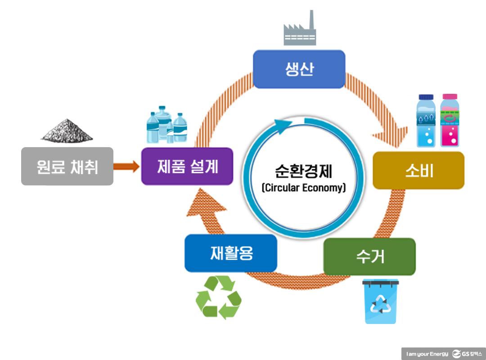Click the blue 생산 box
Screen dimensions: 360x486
[299, 69]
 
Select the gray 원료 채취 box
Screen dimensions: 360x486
[67, 166]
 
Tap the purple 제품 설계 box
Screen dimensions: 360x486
[187, 166]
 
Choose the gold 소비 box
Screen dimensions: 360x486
[418, 171]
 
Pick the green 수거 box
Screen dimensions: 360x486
[369, 256]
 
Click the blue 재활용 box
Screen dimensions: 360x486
[231, 253]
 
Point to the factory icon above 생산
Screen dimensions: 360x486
[299, 29]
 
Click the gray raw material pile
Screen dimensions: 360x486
[67, 130]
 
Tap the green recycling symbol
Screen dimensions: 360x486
[218, 297]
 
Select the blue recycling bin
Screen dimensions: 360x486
[381, 301]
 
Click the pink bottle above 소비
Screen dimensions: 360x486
[449, 121]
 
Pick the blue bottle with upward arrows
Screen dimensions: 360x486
[426, 121]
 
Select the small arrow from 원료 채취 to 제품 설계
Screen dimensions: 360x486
[126, 167]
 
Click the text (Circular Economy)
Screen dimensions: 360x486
[304, 188]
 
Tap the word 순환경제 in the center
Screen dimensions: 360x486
[304, 171]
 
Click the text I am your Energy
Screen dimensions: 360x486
[427, 354]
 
